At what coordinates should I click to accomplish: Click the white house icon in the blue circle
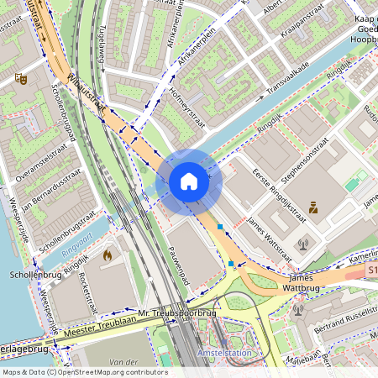[x=189, y=181]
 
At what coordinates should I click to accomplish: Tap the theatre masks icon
[x=21, y=78]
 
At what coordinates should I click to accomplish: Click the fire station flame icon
[x=107, y=254]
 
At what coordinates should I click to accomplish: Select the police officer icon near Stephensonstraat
[x=313, y=207]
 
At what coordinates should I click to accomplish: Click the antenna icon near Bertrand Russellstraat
[x=298, y=310]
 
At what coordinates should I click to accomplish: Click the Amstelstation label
[x=224, y=354]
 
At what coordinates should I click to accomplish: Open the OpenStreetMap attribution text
[x=85, y=372]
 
